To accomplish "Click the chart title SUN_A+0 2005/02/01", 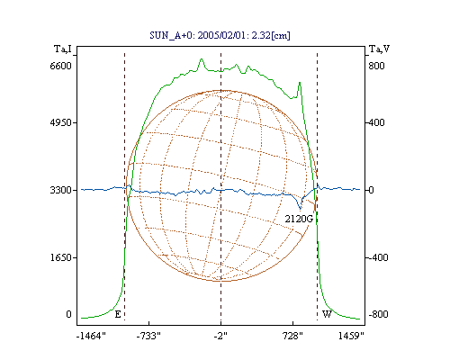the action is point(220,35).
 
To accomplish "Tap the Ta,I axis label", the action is point(63,49).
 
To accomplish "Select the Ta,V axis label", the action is point(379,49).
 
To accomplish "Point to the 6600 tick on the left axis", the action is point(60,66).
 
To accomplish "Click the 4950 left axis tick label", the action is point(60,122).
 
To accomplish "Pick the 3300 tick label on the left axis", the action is point(60,190).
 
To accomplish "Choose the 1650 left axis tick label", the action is point(60,257).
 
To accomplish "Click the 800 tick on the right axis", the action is point(376,66).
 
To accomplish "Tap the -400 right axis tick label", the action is point(378,257).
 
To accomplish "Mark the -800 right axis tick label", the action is point(378,314).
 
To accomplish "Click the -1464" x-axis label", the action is point(91,336).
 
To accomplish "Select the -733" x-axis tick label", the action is point(148,336).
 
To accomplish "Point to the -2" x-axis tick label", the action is point(220,336).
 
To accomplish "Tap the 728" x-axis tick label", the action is point(292,336).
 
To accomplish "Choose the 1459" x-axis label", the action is point(351,336).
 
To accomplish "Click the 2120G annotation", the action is point(299,219).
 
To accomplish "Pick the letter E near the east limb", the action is point(118,314).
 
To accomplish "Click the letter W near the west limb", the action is point(327,314).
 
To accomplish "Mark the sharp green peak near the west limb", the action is point(300,83).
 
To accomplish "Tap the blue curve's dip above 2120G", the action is point(300,208).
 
